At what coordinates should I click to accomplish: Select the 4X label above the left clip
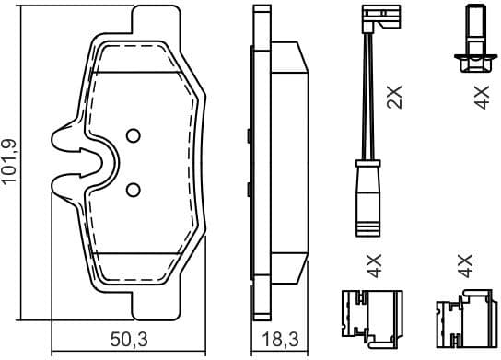[x=373, y=266]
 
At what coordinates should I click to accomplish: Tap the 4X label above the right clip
[x=464, y=266]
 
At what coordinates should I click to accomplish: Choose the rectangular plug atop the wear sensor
[x=374, y=16]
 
